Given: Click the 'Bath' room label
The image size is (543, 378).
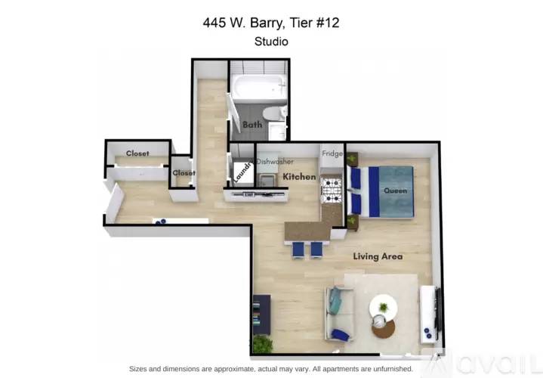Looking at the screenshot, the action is (x=252, y=125).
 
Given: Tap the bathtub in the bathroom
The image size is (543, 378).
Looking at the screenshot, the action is (x=259, y=87).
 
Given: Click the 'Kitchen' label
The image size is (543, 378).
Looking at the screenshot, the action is (x=299, y=176).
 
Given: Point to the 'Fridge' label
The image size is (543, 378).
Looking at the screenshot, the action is (x=332, y=153).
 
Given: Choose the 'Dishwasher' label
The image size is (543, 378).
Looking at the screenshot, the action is (x=275, y=161).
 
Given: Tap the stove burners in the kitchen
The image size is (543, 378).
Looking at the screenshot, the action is (x=332, y=190).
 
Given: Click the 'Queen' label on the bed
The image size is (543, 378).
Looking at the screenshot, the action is (x=395, y=191).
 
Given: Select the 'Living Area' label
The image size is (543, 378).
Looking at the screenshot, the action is (x=378, y=256).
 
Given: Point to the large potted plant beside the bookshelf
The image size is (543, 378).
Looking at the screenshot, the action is (x=263, y=344).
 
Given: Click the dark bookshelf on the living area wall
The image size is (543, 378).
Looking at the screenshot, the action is (x=261, y=314).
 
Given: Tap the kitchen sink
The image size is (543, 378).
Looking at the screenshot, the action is (x=267, y=180).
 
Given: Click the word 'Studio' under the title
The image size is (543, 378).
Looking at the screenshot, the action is (x=271, y=42).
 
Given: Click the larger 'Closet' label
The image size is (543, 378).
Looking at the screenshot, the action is (x=137, y=153).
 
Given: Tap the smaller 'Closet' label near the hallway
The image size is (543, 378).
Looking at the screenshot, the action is (x=184, y=172).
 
